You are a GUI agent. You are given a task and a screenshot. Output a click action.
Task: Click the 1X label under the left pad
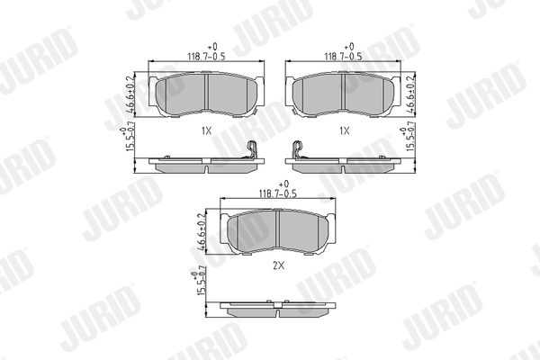click(206, 130)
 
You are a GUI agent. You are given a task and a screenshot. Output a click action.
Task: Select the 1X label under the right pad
click(343, 130)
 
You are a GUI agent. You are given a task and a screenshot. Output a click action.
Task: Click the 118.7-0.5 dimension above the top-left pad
click(206, 55)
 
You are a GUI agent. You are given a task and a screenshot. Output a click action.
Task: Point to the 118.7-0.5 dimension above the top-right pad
click(342, 55)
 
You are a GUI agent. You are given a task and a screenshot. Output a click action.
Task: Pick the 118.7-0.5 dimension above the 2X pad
click(278, 193)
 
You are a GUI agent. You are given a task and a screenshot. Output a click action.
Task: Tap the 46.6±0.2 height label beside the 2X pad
click(201, 230)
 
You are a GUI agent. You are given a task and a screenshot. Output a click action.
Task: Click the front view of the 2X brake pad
click(278, 231)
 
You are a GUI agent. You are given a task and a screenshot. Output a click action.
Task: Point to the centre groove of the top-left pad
click(206, 91)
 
